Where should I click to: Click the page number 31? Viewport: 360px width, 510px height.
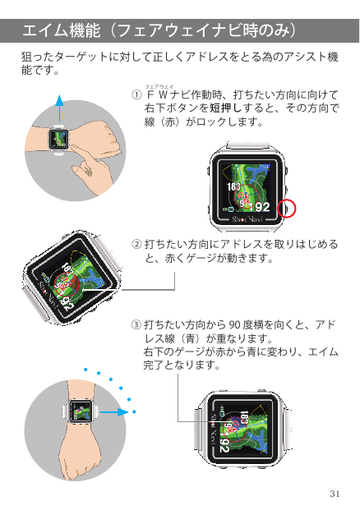[x=334, y=493]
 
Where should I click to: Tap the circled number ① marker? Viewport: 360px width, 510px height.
[x=136, y=95]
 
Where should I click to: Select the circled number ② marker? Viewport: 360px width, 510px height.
[x=136, y=245]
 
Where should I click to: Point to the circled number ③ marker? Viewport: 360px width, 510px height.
[x=136, y=324]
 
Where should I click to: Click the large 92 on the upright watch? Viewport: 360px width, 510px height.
[x=261, y=206]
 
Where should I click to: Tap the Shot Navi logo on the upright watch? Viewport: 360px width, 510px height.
[x=247, y=222]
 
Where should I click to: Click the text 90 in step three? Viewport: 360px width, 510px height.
[x=238, y=324]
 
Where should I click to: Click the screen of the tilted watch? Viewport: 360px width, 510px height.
[x=72, y=275]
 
